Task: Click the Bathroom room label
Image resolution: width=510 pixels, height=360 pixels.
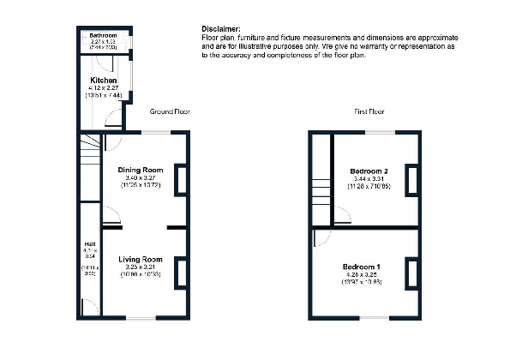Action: pos(103,35)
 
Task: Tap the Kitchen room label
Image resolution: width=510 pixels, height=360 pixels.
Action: pos(103,81)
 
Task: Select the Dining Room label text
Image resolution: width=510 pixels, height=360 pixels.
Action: pos(141,170)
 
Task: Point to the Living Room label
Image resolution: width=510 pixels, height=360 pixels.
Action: pos(141,259)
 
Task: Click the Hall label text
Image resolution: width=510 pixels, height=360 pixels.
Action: pos(88,243)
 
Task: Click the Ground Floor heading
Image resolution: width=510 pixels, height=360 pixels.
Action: pos(170,111)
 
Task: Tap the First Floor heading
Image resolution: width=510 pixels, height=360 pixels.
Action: pos(369,111)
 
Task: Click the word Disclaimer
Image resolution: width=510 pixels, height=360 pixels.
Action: pos(220,28)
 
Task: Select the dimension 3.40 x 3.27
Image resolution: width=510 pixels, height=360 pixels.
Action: pos(141,178)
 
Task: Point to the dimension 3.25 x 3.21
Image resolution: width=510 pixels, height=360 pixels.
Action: pos(141,267)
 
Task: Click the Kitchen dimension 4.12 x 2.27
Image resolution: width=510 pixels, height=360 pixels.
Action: pos(103,88)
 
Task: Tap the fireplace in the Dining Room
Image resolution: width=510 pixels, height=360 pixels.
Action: pos(180,180)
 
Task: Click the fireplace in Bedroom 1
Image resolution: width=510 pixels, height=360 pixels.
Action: pos(411,273)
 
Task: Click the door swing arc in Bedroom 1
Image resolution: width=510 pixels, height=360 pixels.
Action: pos(320,240)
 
